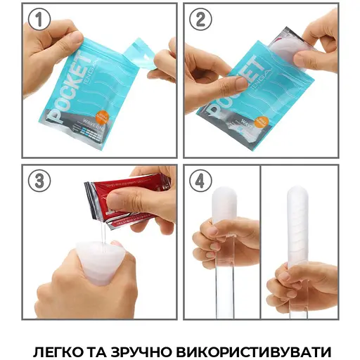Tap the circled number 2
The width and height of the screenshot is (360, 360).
tap(200, 20)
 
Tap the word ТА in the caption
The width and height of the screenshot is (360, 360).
tap(105, 349)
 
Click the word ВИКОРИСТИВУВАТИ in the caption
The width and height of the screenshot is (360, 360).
tap(260, 349)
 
